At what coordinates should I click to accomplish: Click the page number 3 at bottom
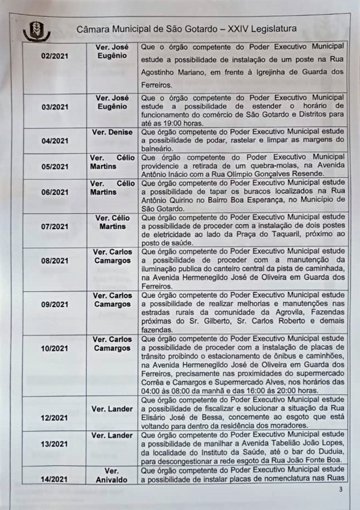click(340, 490)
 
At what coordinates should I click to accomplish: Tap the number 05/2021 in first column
click(55, 166)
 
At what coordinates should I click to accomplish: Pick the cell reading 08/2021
click(55, 261)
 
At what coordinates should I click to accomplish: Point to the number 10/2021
click(55, 348)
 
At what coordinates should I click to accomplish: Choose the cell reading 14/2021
click(55, 479)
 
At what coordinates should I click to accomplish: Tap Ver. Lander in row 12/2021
click(112, 409)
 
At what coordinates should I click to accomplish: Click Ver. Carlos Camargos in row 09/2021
click(112, 300)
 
